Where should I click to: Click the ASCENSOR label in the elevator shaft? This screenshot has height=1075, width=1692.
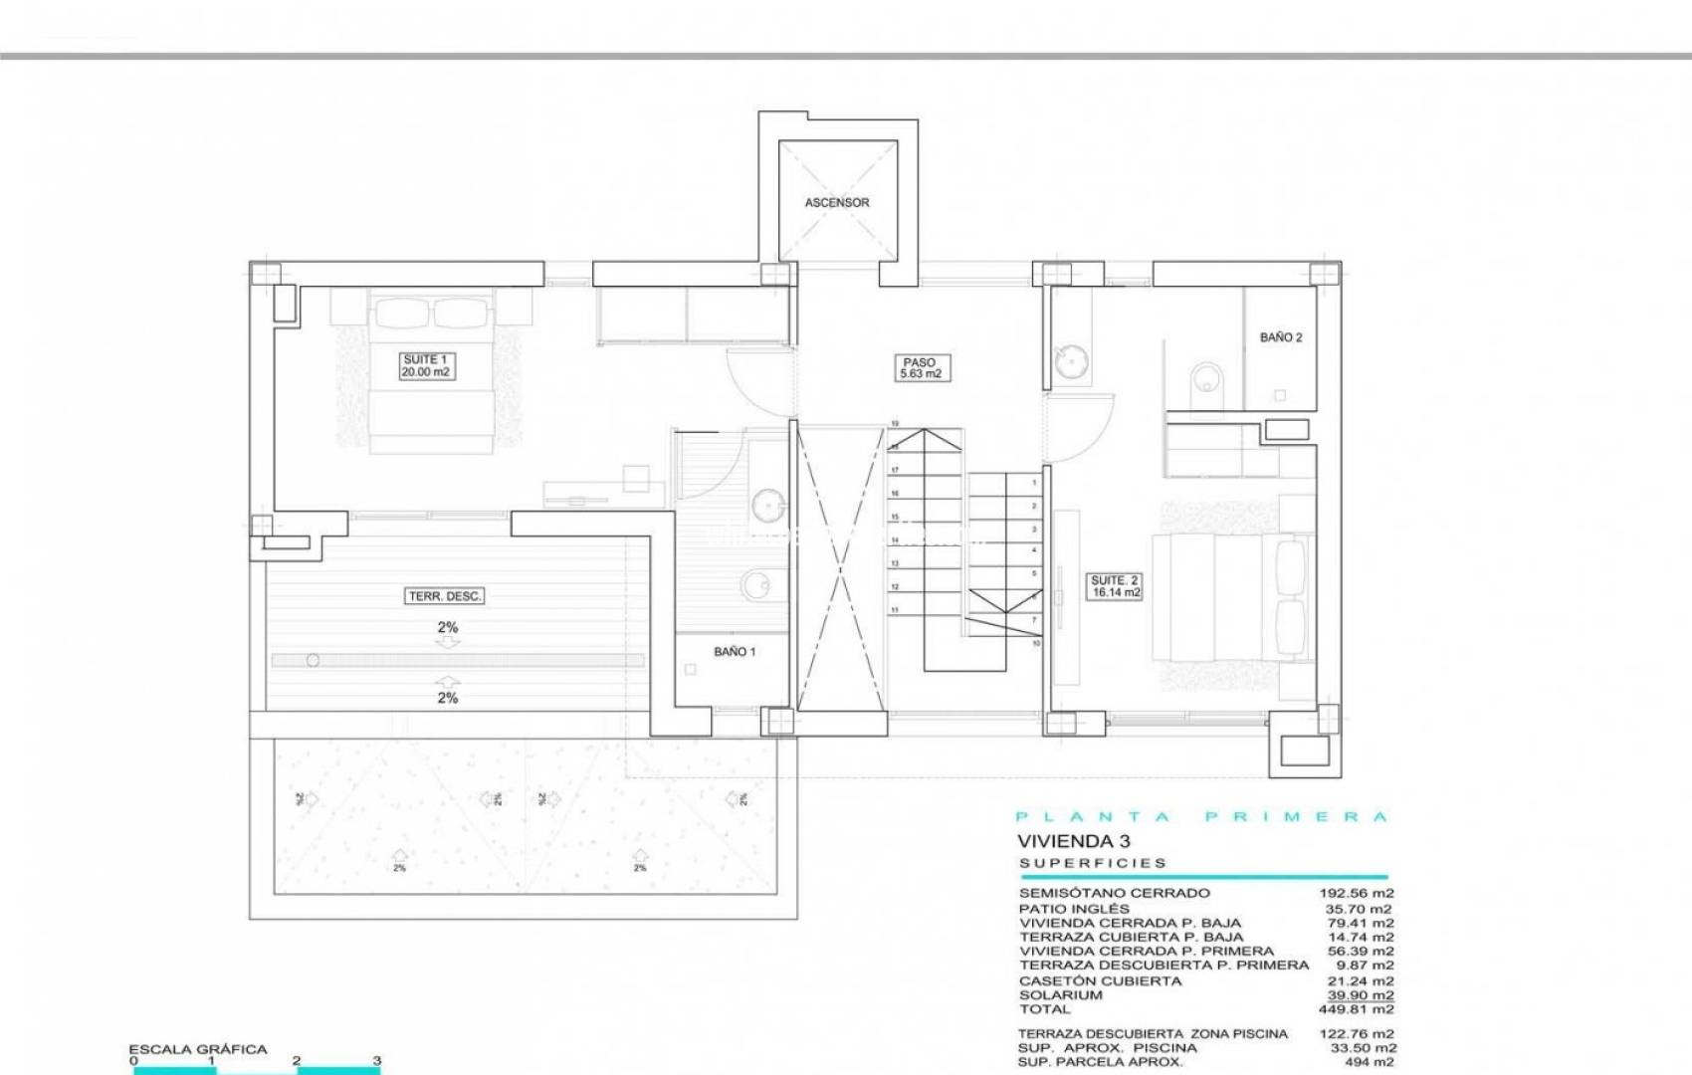coord(837,203)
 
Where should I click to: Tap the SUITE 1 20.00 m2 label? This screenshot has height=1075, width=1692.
coord(425,365)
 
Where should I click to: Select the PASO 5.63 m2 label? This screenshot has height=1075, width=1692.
coord(920,368)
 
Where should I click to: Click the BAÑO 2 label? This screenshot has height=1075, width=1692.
coord(1281,337)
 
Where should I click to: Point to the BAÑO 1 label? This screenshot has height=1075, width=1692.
coord(735,652)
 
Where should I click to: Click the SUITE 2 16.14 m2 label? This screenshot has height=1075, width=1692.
coord(1115,586)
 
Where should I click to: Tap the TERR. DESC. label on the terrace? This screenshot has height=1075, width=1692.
coord(446,597)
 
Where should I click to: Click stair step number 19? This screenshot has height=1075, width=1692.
coord(895,423)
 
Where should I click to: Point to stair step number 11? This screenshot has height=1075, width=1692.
coord(895,610)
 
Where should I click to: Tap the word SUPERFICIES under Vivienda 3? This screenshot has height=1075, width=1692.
coord(1093,864)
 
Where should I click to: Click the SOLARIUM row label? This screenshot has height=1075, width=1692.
coord(1060,995)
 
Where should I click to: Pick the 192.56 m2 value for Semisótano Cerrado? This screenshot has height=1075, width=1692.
coord(1357,893)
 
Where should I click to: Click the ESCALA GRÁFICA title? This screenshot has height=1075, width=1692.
coord(198,1049)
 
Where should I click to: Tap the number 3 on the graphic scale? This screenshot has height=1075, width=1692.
coord(376,1061)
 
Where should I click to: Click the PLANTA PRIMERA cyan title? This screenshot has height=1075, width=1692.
coord(1202,817)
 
